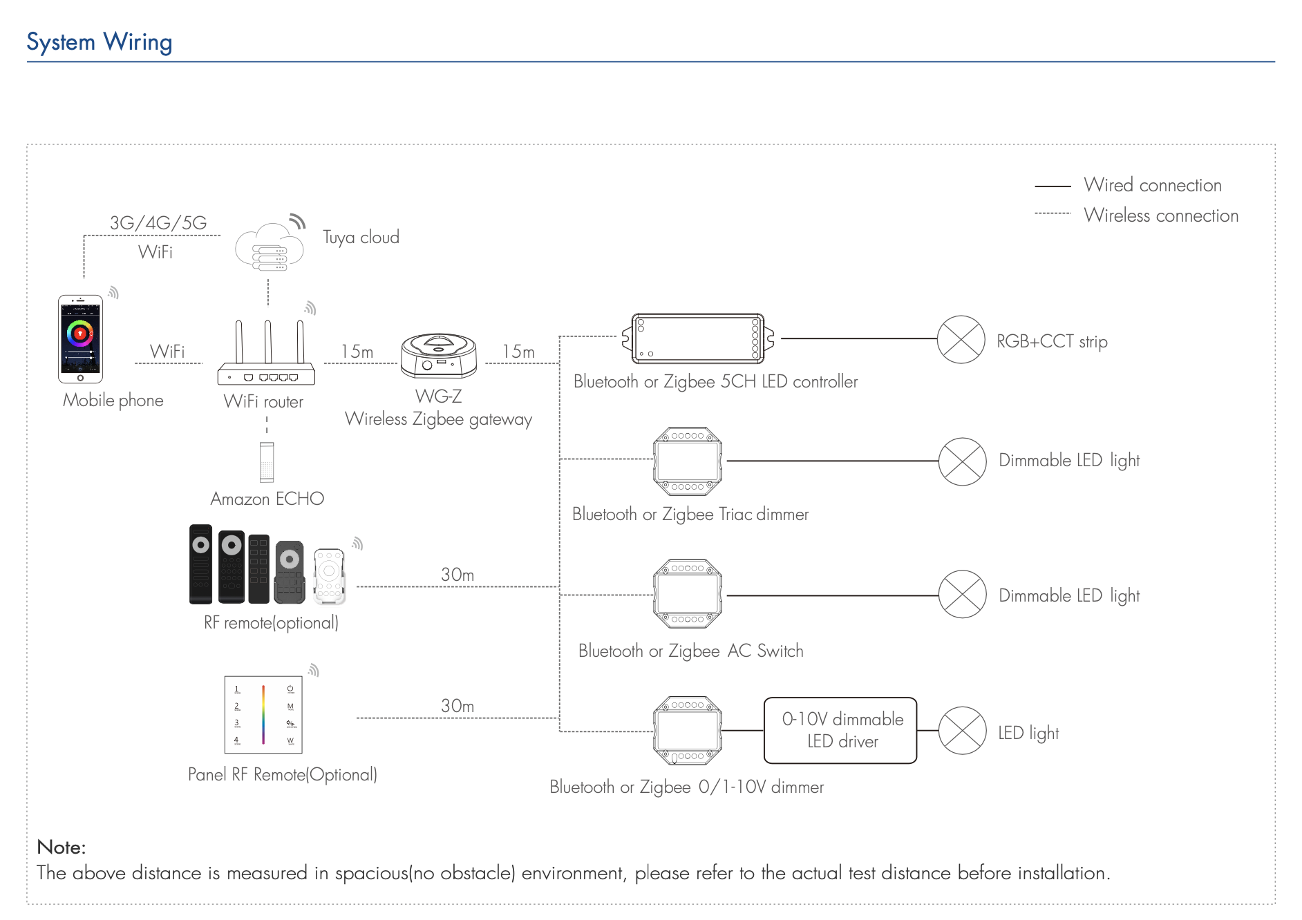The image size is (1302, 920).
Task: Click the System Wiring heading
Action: tap(99, 42)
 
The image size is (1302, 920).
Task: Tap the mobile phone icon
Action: tap(80, 339)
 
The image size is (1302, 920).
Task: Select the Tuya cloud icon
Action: tap(270, 247)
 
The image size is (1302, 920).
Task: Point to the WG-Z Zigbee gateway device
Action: tap(439, 356)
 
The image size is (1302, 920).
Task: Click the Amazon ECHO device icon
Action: tap(267, 462)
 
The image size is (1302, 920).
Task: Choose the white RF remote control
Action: tap(329, 575)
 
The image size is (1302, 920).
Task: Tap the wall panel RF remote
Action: tap(263, 714)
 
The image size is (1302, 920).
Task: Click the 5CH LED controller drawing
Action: tap(698, 338)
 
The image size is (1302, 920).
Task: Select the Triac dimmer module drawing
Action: tap(688, 461)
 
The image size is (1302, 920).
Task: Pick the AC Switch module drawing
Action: tap(688, 594)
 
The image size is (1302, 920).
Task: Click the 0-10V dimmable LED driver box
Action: tap(840, 730)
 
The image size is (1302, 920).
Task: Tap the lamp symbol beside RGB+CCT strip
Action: tap(961, 339)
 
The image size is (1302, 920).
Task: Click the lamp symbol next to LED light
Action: tap(962, 731)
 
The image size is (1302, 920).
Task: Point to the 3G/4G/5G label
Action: tap(158, 222)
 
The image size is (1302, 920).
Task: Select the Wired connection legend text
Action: tap(1152, 185)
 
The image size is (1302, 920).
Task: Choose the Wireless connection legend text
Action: tap(1160, 215)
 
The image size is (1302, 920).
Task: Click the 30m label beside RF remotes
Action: tap(457, 575)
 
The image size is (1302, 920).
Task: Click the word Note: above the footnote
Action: tap(62, 847)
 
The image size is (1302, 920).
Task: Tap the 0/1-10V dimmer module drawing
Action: tap(688, 731)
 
